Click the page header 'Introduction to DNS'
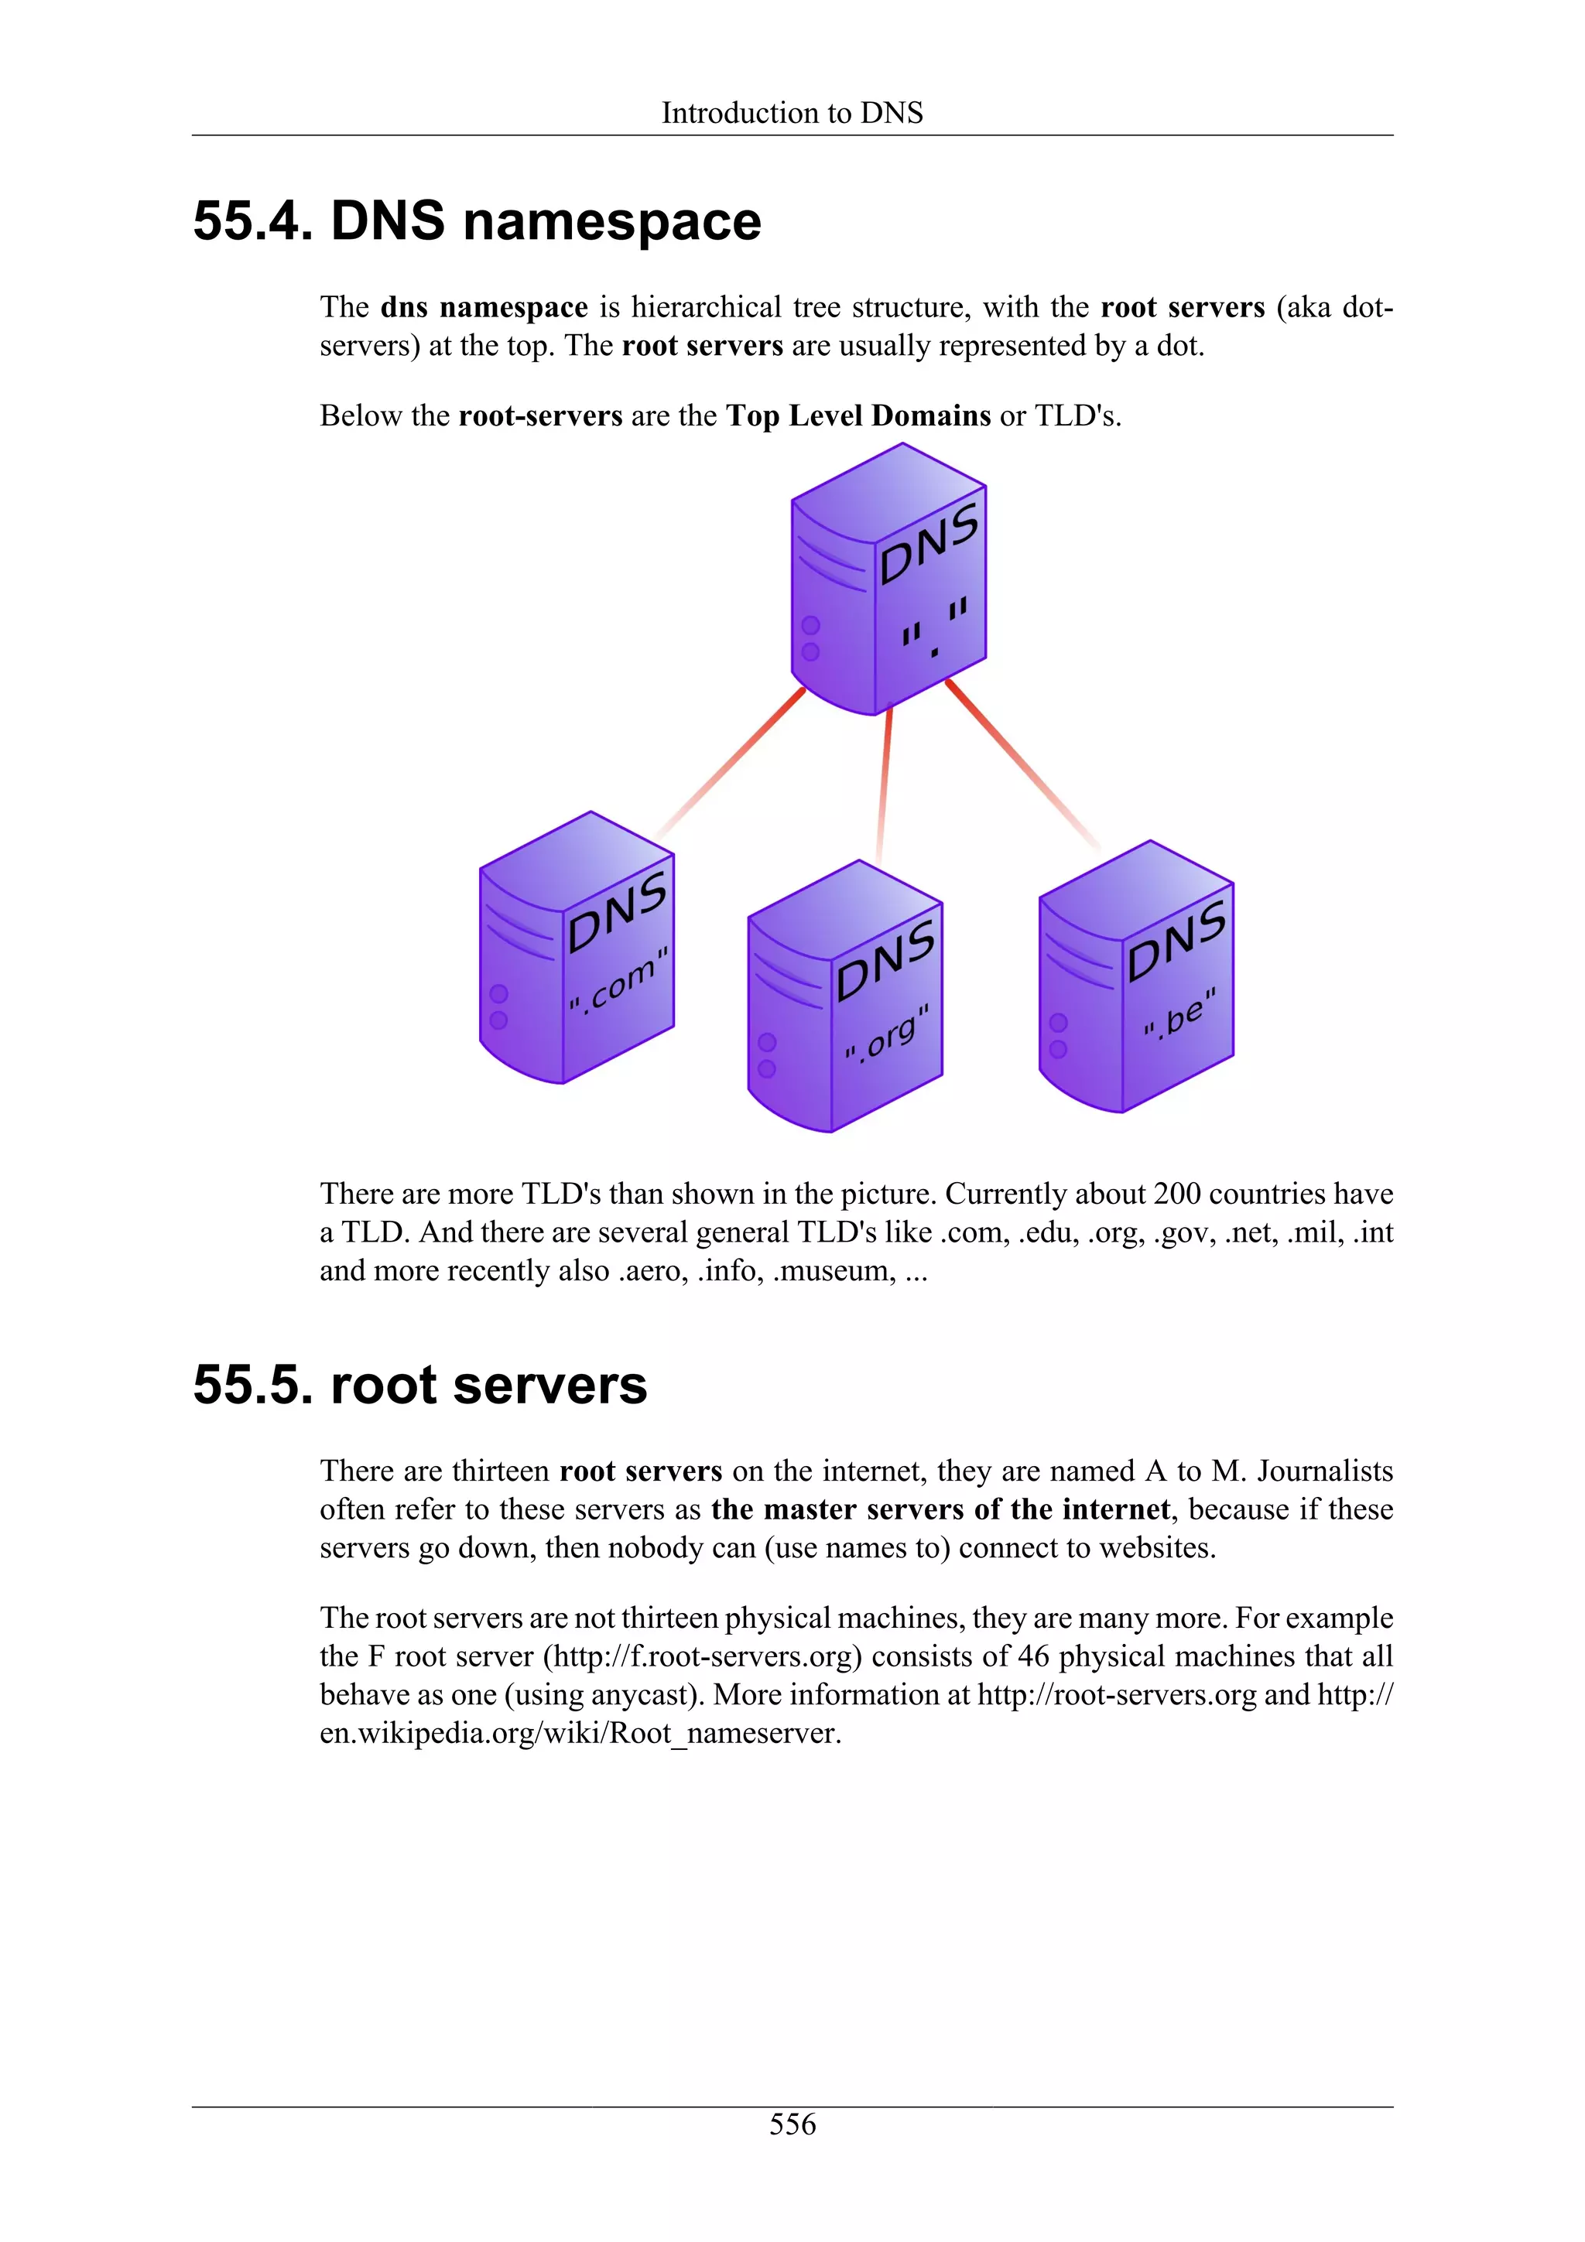coord(791,113)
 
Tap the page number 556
coord(792,2124)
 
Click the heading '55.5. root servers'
coord(420,1385)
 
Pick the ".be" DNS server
coord(1136,976)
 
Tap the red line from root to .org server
coord(885,786)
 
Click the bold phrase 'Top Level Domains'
coord(858,416)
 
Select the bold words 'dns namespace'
coord(484,308)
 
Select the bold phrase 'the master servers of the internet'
coord(940,1509)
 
